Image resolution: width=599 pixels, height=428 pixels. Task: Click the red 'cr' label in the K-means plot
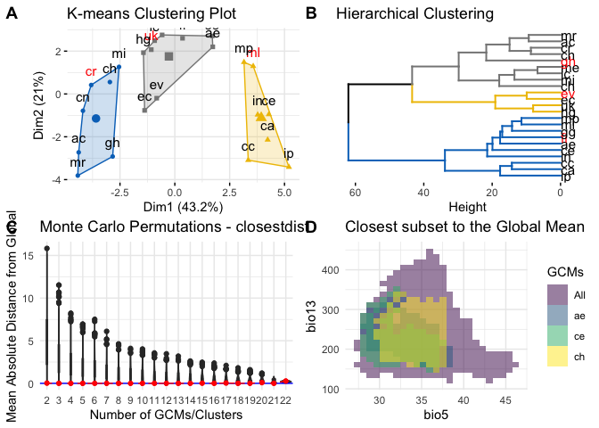tap(90, 71)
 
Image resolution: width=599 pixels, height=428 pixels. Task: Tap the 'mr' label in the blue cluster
tap(78, 163)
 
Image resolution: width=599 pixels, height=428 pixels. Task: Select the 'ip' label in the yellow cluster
tap(288, 154)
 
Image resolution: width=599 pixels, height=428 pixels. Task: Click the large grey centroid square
tap(168, 56)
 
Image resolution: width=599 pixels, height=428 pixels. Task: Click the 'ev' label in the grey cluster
tap(157, 85)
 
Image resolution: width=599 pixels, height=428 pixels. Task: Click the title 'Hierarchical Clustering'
tap(414, 15)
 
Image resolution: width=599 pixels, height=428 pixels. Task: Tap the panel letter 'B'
tap(311, 14)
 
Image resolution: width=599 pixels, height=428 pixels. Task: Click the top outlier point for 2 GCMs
tap(46, 249)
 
